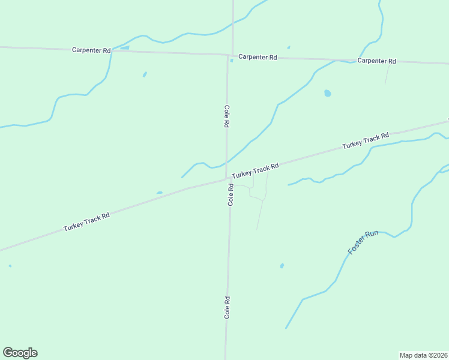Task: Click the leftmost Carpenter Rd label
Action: [x=91, y=50]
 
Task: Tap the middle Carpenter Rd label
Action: [x=257, y=57]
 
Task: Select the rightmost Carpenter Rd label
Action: [x=376, y=61]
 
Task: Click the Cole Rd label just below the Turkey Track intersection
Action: [x=231, y=196]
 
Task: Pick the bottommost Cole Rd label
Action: [x=228, y=307]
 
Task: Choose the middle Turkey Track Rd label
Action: [x=256, y=170]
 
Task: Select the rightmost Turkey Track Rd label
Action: [x=366, y=141]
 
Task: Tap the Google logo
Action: [x=20, y=353]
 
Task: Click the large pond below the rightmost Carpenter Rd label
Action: [x=327, y=94]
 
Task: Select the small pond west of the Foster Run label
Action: [x=282, y=265]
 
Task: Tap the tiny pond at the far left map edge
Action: [x=10, y=266]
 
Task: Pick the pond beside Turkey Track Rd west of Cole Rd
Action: [x=159, y=193]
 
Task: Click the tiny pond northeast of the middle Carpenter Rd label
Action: [x=289, y=47]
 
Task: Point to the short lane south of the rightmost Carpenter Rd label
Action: [x=387, y=74]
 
